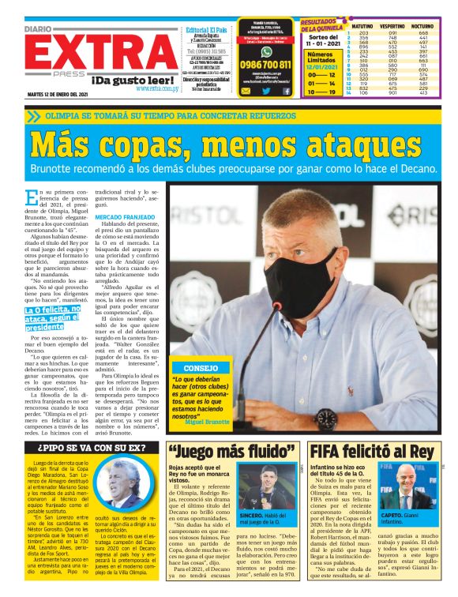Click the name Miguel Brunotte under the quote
click(x=208, y=422)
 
